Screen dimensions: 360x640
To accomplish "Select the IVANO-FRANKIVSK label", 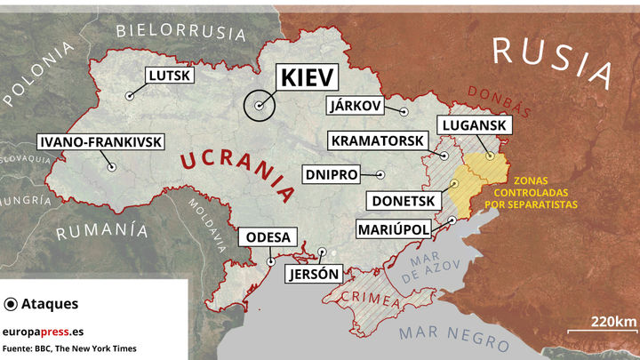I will pyautogui.click(x=87, y=141).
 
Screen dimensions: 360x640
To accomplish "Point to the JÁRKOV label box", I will pyautogui.click(x=355, y=106).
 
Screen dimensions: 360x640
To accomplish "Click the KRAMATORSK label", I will pyautogui.click(x=378, y=140).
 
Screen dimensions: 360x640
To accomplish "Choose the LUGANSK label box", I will pyautogui.click(x=472, y=126).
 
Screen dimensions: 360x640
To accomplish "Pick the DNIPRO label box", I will pyautogui.click(x=331, y=173).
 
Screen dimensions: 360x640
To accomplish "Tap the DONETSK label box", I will pyautogui.click(x=403, y=201).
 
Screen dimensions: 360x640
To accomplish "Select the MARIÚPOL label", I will pyautogui.click(x=393, y=229).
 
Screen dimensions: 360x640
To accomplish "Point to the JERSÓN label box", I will pyautogui.click(x=313, y=274).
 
